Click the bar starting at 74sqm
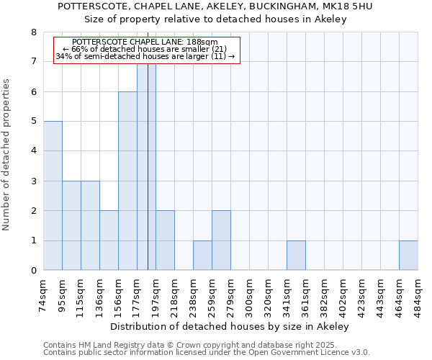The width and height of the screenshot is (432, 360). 53,196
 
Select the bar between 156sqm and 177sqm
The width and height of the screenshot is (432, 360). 127,181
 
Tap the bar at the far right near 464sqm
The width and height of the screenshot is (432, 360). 408,256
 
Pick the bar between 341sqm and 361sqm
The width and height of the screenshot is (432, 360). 296,256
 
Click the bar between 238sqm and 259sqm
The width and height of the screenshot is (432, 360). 202,256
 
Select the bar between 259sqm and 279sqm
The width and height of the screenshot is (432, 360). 221,240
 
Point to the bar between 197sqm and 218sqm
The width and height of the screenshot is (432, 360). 165,240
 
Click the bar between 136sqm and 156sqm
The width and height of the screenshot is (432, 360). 109,240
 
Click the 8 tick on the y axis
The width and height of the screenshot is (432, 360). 33,32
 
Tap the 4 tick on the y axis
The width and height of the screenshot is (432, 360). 33,151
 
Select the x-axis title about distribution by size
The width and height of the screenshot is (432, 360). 230,326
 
